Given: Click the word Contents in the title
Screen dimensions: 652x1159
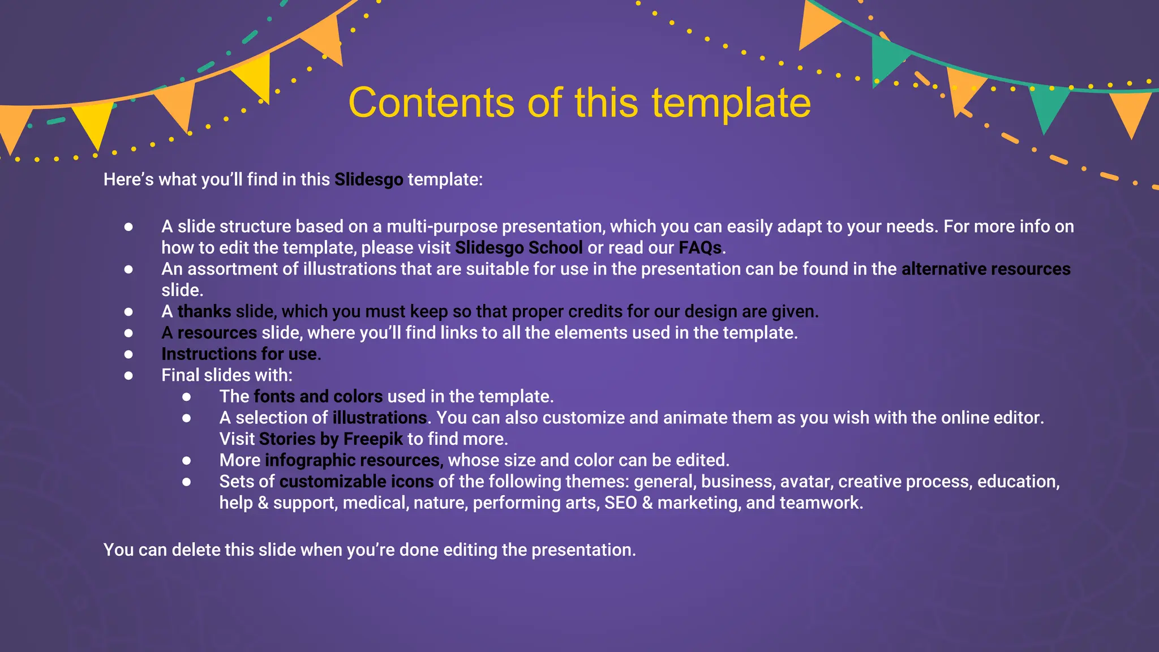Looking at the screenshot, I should tap(431, 103).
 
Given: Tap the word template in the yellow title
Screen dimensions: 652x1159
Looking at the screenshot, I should tap(731, 103).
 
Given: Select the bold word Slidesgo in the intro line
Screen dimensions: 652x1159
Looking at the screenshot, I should tap(368, 180).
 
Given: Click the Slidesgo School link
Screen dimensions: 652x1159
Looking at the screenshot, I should tap(518, 248).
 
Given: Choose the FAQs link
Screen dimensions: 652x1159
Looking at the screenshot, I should tap(700, 248).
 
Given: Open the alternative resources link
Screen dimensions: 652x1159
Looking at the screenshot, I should tap(986, 269).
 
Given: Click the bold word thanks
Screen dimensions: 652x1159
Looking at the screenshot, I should tap(204, 311).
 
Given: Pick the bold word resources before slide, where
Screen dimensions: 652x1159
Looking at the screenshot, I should tap(217, 333).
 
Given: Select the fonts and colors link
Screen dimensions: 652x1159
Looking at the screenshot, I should tap(318, 397).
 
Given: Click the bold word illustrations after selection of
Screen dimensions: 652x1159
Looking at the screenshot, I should tap(379, 418).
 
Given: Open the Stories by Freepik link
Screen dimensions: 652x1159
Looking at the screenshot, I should tap(331, 439).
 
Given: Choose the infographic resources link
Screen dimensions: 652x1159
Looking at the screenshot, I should tap(352, 460).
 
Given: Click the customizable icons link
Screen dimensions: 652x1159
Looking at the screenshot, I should tap(357, 482).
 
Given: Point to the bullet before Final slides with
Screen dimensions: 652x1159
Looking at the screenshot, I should tap(128, 375).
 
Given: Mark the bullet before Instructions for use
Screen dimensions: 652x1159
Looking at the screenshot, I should tap(128, 354).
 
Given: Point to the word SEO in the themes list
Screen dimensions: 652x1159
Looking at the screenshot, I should tap(621, 503).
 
